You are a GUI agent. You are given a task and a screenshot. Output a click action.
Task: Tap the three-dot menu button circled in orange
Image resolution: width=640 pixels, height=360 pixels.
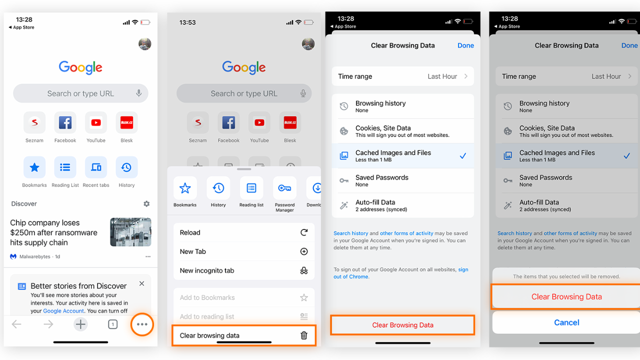click(142, 324)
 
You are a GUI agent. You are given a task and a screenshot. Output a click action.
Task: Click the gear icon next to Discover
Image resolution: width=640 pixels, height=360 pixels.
click(146, 203)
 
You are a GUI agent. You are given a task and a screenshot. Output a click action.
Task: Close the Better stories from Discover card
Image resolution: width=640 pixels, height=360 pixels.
click(141, 283)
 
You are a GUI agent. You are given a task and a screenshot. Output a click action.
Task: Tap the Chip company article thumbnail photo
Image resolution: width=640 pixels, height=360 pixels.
click(130, 232)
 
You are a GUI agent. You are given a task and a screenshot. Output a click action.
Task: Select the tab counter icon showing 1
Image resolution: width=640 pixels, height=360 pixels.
click(113, 324)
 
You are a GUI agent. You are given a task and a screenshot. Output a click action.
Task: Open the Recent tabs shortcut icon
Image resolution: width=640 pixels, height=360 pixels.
click(96, 167)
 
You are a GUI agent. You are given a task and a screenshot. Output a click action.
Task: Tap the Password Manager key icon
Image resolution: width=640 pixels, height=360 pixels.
click(284, 188)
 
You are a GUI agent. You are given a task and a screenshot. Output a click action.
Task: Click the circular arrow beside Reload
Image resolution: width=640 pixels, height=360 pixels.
click(304, 232)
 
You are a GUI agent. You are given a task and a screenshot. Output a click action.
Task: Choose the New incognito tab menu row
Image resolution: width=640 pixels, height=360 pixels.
click(244, 270)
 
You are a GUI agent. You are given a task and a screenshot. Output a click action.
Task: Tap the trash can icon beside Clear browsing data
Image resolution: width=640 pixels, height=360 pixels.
click(304, 335)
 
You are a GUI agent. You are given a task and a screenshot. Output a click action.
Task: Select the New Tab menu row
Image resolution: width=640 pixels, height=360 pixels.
click(244, 251)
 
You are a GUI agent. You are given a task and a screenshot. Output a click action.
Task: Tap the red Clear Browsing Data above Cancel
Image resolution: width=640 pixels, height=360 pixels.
click(566, 296)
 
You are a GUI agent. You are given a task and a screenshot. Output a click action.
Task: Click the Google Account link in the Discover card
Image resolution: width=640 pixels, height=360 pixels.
click(63, 311)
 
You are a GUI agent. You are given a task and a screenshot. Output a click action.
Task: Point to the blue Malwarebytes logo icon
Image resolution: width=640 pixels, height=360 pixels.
click(13, 256)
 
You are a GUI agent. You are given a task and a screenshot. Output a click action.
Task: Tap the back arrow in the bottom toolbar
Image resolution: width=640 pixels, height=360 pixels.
click(16, 324)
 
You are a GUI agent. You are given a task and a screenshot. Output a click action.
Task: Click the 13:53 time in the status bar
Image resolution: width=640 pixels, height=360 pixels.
click(187, 22)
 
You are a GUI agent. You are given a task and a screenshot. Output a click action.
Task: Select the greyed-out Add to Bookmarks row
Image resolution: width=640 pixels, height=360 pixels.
click(244, 297)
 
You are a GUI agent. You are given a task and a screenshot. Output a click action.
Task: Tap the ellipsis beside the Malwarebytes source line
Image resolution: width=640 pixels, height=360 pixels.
click(148, 256)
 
